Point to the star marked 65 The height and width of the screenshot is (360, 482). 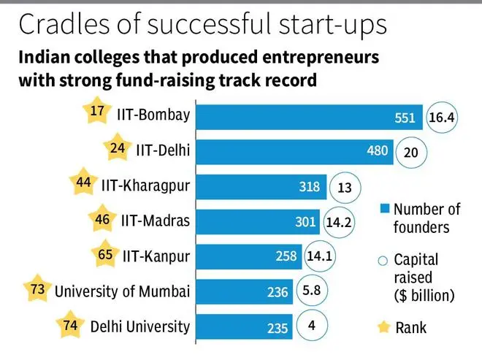tap(105, 256)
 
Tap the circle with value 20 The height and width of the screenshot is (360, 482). tap(411, 152)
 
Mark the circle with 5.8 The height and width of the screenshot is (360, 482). tap(311, 291)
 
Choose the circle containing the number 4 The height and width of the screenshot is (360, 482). tap(311, 326)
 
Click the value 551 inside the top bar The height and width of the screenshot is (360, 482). tap(404, 118)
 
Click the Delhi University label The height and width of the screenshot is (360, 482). tap(140, 326)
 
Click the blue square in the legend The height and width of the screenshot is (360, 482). tap(384, 210)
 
